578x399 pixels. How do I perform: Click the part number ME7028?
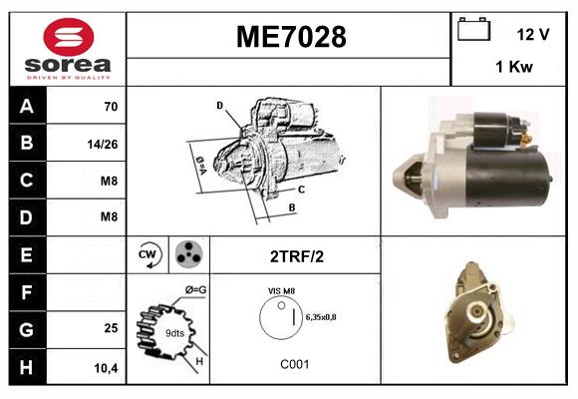(291, 37)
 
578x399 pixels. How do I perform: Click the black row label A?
(26, 106)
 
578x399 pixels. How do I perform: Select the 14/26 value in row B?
(103, 144)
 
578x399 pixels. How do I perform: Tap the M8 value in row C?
(109, 181)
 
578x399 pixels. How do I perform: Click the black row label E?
(26, 255)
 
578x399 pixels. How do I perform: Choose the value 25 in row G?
(112, 328)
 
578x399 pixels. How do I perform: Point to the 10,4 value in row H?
(107, 368)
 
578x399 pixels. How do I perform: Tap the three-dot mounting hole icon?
(187, 255)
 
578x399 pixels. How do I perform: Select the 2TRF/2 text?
(296, 256)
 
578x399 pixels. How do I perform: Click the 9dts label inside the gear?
(175, 333)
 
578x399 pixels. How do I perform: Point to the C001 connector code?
(295, 364)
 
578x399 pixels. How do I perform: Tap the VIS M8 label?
(282, 290)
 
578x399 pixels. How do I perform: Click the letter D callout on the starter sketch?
(219, 105)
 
